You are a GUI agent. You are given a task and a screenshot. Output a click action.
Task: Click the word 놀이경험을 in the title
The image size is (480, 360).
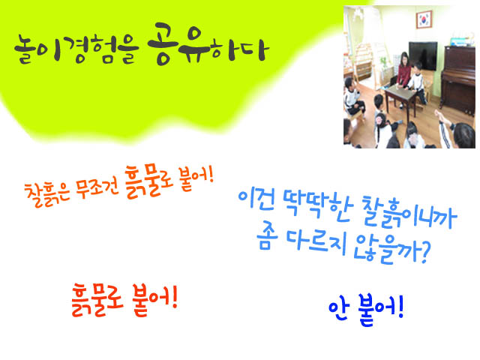click(x=76, y=49)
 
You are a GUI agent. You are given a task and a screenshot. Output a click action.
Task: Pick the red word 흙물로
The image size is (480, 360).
click(x=97, y=299)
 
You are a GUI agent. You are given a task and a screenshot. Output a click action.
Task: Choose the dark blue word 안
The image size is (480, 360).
click(x=338, y=309)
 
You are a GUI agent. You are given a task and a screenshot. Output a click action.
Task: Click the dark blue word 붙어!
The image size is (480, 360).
click(x=381, y=310)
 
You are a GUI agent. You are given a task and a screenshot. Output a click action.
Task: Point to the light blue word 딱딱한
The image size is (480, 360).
click(x=317, y=206)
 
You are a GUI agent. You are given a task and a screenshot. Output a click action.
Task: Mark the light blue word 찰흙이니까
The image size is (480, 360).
click(x=409, y=213)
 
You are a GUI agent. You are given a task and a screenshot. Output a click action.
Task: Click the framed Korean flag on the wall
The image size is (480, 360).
click(x=424, y=19)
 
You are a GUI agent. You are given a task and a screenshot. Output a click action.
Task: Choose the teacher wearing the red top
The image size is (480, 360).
click(x=403, y=73)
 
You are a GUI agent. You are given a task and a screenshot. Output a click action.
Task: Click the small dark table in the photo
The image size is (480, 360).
click(x=400, y=98)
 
